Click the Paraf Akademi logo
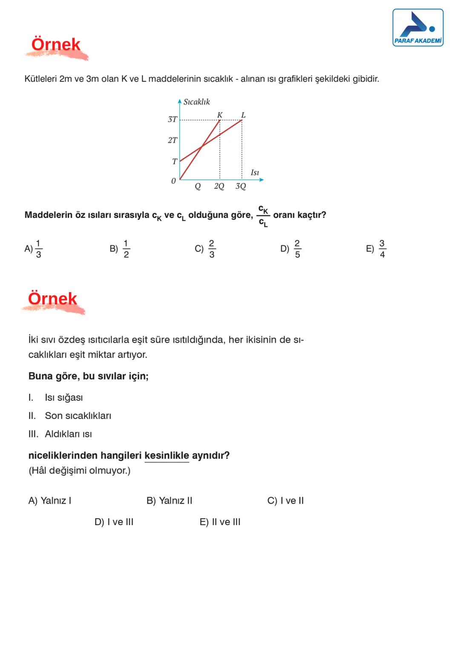coord(417,28)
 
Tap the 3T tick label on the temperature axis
coord(172,119)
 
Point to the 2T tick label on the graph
coord(172,140)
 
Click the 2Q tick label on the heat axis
coord(219,186)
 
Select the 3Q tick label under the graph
coord(241,186)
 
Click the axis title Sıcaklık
coord(196,102)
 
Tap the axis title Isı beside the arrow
coord(255,173)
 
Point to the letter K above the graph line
coord(220,115)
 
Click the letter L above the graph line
coord(243,115)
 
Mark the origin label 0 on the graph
coord(173,181)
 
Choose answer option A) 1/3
coord(34,249)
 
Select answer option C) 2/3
coord(205,249)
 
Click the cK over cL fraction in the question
coord(263,216)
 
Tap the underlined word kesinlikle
coord(167,456)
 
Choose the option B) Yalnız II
coord(169,500)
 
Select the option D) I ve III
coord(114,522)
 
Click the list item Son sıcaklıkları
coord(78,416)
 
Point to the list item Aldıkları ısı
coord(68,434)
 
